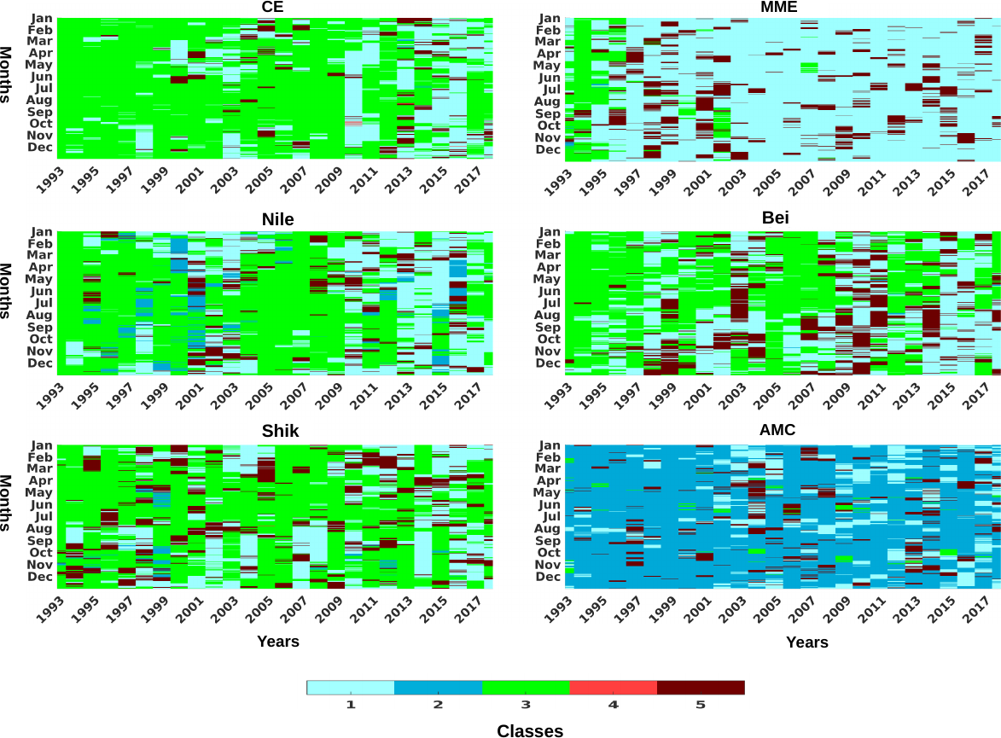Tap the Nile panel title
pos(278,219)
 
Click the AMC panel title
pos(777,430)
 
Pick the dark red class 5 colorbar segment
pos(701,688)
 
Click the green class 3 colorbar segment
pos(526,688)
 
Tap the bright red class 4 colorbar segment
pos(613,688)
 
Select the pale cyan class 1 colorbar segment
pos(351,688)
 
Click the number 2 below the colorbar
pos(438,705)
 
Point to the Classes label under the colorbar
pos(530,730)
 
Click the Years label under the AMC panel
pos(807,642)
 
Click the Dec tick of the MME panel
pos(548,150)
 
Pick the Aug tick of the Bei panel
pos(548,316)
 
